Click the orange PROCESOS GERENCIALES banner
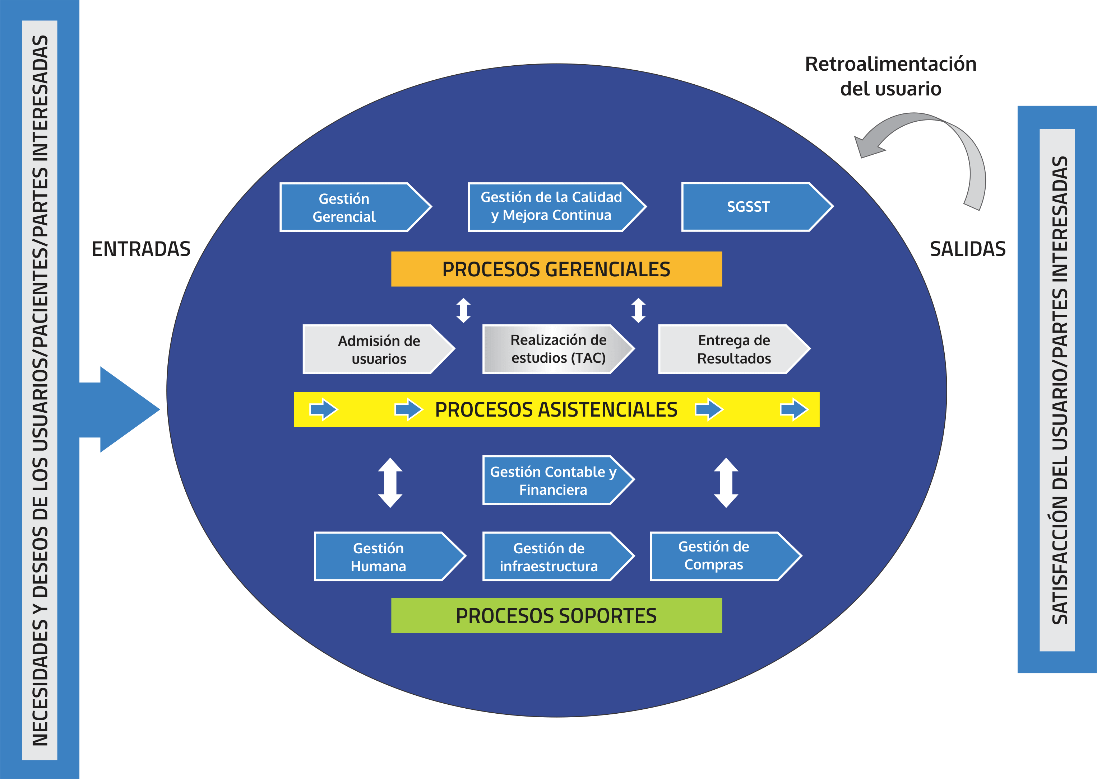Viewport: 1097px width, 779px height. point(556,269)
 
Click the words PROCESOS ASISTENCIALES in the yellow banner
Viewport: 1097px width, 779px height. point(556,410)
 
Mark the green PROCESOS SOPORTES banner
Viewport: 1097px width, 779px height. point(556,615)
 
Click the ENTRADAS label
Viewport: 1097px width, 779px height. point(141,249)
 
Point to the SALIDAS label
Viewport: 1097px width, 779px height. point(967,249)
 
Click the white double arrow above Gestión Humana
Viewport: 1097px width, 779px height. point(390,483)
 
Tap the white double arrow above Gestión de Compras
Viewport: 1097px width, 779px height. point(726,483)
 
